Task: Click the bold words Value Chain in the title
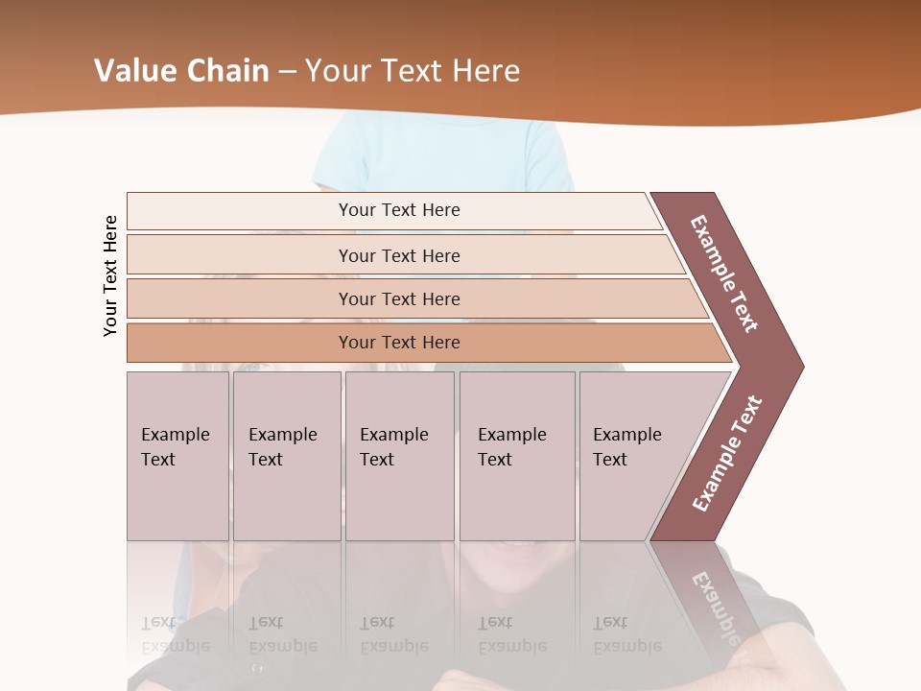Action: tap(181, 71)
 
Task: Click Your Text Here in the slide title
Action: tap(413, 71)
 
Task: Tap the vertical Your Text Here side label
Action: tap(110, 275)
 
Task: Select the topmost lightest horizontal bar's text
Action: tap(399, 210)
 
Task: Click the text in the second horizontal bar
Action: tap(399, 255)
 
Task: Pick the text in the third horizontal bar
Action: tap(399, 298)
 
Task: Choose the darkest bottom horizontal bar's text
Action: tap(399, 343)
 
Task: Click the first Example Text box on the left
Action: tap(177, 447)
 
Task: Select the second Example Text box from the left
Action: tap(284, 447)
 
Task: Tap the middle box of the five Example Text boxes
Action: tap(395, 447)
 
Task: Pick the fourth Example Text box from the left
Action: tap(513, 447)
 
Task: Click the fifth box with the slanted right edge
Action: tap(628, 447)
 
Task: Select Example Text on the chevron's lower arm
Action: tap(727, 454)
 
